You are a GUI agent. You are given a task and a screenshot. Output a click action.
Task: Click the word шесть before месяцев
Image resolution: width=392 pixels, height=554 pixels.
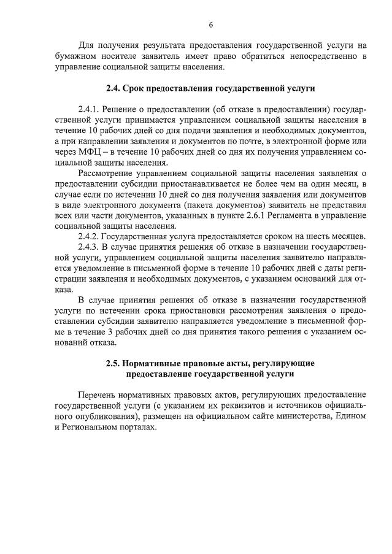(304, 237)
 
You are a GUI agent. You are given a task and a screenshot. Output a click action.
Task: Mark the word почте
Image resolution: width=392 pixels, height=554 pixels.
(210, 141)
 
